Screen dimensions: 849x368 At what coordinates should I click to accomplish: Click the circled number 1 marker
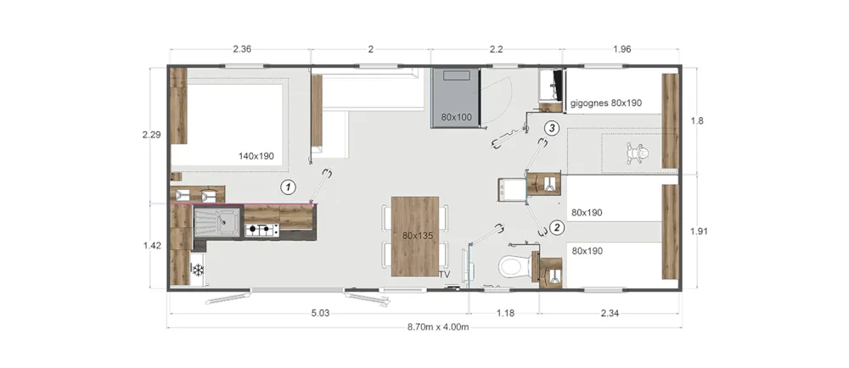289,187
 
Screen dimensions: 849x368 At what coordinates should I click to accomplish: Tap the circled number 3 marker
551,128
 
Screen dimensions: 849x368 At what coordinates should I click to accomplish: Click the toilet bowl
511,265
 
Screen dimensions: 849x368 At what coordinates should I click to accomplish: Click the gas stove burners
261,231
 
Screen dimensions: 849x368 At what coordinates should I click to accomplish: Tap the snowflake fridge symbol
198,269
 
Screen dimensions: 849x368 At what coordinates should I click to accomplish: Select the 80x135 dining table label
414,236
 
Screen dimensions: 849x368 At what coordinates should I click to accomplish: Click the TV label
445,275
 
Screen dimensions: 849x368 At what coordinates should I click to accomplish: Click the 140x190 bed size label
256,157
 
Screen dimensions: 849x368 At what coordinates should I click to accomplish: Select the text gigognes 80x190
606,103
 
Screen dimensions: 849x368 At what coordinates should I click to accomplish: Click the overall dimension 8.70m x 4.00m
437,327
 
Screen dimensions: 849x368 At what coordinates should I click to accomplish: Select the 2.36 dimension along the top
242,50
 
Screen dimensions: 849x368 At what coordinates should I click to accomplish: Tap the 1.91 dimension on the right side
699,231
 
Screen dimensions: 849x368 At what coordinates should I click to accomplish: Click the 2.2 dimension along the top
497,50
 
